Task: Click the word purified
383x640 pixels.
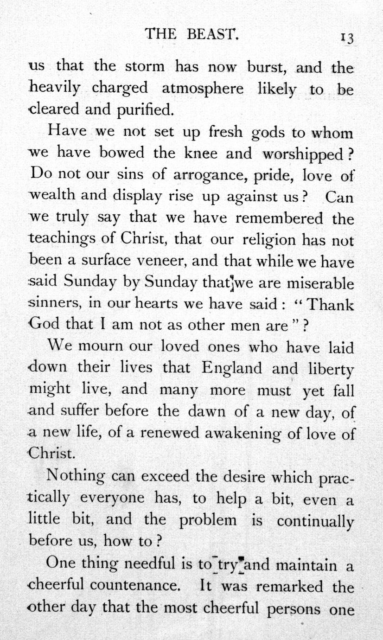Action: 142,110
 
